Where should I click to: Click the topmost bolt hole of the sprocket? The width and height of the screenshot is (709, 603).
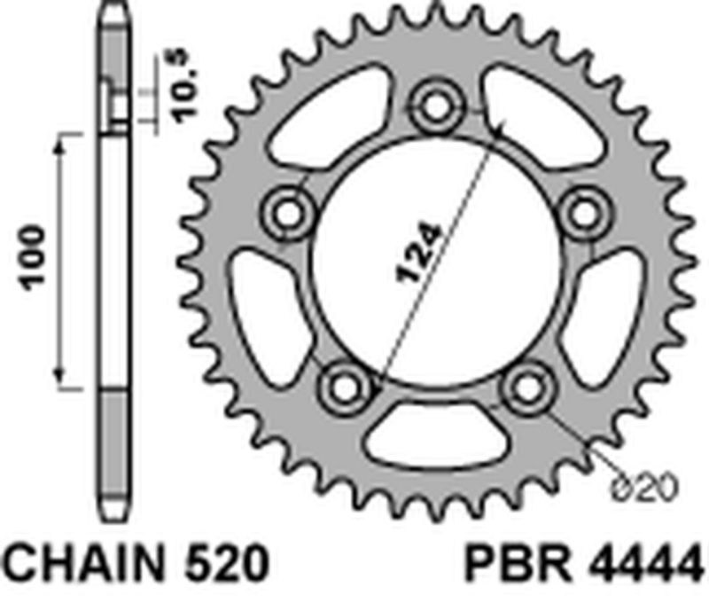point(436,106)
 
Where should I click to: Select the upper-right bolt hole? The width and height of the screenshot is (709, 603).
point(584,212)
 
